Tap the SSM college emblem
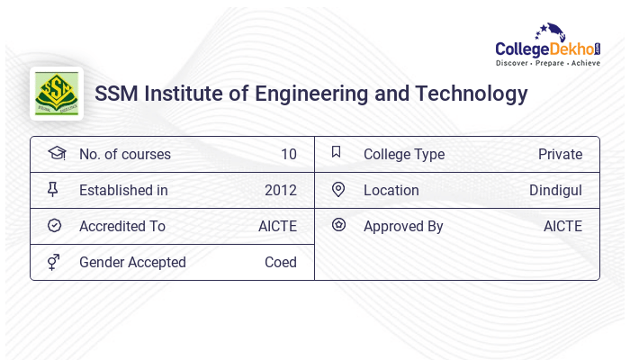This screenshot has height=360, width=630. pos(57,94)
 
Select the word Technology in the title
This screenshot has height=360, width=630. pos(473,94)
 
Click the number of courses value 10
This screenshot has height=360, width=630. pos(288,154)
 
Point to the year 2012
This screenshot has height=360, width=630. pos(280,190)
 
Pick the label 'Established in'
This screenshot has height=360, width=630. pos(123,190)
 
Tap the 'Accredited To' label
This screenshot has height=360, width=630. pos(122,226)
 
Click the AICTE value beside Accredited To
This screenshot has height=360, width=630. pos(277,226)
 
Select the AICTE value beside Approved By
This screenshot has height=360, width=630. pos(562,226)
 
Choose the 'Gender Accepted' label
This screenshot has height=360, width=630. pos(132,262)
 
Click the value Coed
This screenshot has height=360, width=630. pos(280,262)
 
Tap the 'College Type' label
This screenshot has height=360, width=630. pos(404,154)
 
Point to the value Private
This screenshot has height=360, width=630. pos(560,154)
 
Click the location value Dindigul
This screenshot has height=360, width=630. pos(555,190)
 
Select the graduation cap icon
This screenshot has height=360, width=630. pos(56,153)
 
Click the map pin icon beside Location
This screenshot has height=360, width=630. pos(338,189)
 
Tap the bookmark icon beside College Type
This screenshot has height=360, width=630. pos(337,152)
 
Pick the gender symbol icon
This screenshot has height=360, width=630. pos(54,262)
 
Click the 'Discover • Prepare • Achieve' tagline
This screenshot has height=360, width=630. pos(547,64)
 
